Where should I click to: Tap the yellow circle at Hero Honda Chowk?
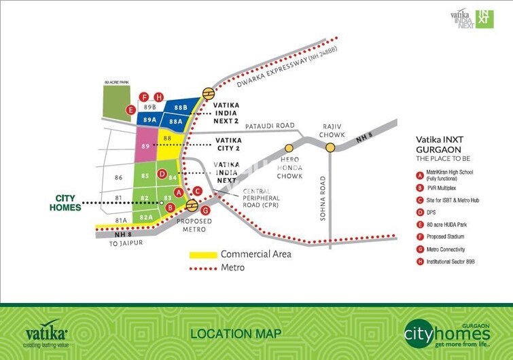[289, 147]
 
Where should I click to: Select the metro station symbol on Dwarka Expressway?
[208, 94]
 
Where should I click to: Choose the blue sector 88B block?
[180, 107]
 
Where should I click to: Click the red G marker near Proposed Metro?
[206, 211]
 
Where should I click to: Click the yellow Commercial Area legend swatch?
[202, 254]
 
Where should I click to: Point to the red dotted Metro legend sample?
[202, 268]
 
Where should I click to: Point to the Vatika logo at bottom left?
[46, 334]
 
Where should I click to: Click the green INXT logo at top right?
[484, 18]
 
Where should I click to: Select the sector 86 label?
[119, 178]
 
